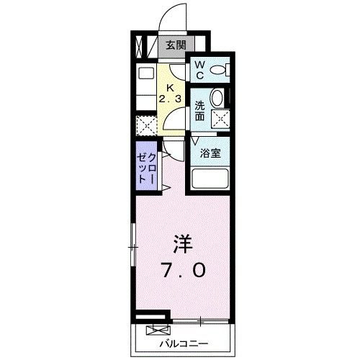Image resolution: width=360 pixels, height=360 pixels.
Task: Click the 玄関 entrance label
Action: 175,45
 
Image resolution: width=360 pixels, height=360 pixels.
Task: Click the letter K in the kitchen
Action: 171,80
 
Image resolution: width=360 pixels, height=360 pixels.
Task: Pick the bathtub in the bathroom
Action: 210,178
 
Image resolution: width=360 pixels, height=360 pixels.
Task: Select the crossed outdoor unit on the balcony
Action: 155,331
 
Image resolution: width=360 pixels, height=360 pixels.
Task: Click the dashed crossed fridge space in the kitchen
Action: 146,127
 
